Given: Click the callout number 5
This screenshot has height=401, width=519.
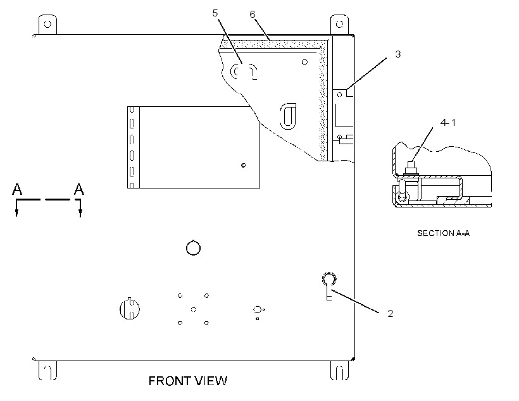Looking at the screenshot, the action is click(x=215, y=13).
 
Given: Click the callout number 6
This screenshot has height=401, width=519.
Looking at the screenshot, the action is click(x=253, y=14).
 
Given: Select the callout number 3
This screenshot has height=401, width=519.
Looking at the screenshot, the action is click(x=398, y=54).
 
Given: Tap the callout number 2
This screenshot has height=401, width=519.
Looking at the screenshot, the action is click(x=391, y=313).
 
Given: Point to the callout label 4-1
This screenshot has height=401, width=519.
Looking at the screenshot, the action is click(x=448, y=123).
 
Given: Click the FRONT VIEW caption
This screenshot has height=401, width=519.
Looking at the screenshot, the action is click(x=188, y=381).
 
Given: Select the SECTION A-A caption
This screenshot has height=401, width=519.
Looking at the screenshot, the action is click(x=443, y=233).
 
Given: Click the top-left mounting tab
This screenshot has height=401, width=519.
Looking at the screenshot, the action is click(x=47, y=25).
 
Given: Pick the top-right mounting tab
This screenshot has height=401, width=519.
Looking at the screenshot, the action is click(x=340, y=25).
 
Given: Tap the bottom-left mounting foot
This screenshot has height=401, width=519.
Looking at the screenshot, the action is click(x=47, y=370).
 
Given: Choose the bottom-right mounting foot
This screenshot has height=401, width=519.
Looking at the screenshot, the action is click(x=340, y=370).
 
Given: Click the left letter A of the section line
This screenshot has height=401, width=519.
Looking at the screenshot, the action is click(x=17, y=189).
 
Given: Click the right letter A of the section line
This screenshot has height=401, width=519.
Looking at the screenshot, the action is click(x=78, y=189).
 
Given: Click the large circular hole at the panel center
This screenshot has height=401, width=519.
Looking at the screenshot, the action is click(x=193, y=248).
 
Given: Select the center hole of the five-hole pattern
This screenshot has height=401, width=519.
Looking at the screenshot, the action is click(x=193, y=310).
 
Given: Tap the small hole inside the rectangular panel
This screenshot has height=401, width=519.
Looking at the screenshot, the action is click(x=243, y=165).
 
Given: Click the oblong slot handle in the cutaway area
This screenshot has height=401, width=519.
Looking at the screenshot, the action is click(x=288, y=116).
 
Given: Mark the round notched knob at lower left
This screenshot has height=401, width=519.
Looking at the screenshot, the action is click(x=130, y=309).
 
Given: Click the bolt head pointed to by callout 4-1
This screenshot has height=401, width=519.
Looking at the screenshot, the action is click(x=411, y=168).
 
